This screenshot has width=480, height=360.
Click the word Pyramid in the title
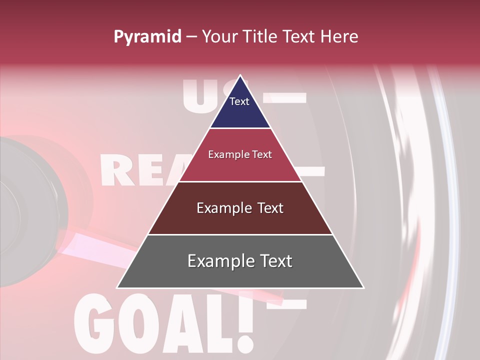147,37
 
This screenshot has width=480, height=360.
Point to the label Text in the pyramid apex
239,101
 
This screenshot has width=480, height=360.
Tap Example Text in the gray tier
240,261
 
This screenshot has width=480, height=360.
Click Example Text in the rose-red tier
240,154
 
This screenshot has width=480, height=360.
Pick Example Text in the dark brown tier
240,208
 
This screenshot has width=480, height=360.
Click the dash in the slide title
191,37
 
